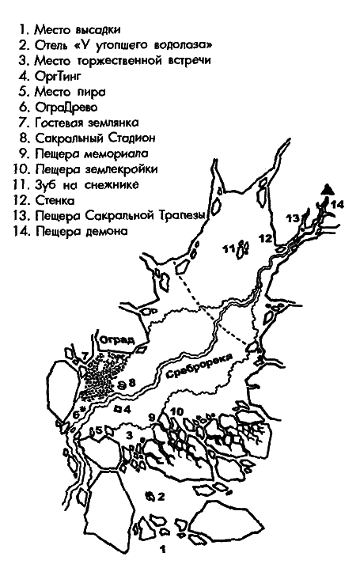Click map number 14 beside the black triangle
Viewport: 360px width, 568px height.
click(x=339, y=203)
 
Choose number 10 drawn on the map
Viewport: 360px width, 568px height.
click(x=176, y=411)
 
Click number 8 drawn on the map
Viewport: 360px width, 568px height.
click(x=133, y=382)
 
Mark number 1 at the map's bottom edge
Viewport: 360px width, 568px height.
click(x=163, y=547)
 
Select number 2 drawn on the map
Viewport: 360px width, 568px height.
click(x=161, y=497)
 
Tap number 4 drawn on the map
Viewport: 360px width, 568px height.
click(x=127, y=409)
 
